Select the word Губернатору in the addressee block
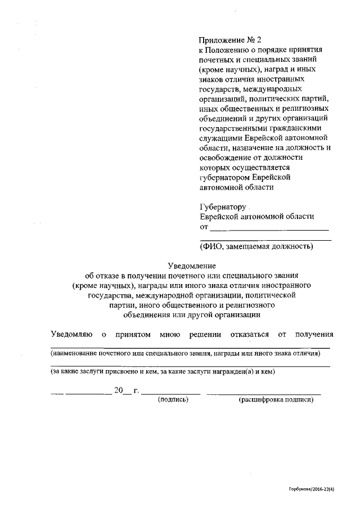pyautogui.click(x=223, y=206)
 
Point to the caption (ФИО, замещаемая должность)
pyautogui.click(x=256, y=246)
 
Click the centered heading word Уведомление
pyautogui.click(x=192, y=265)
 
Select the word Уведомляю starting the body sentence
pyautogui.click(x=71, y=334)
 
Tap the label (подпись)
pyautogui.click(x=173, y=399)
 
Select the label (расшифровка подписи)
pyautogui.click(x=275, y=399)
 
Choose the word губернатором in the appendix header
pyautogui.click(x=223, y=177)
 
